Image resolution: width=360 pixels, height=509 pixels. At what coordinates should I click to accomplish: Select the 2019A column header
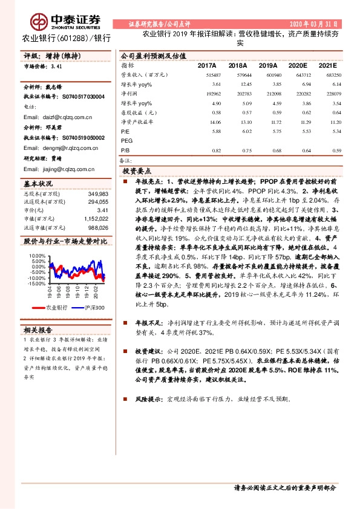click(267, 65)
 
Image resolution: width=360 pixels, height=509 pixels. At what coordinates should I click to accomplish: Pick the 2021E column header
click(327, 65)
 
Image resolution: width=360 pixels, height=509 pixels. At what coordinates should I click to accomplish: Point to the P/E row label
click(125, 131)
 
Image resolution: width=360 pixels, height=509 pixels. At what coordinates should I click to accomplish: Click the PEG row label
click(126, 140)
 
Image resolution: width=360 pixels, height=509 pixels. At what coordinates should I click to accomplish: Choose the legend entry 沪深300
click(93, 308)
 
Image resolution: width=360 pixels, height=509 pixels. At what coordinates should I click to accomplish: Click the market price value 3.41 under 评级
click(57, 66)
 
